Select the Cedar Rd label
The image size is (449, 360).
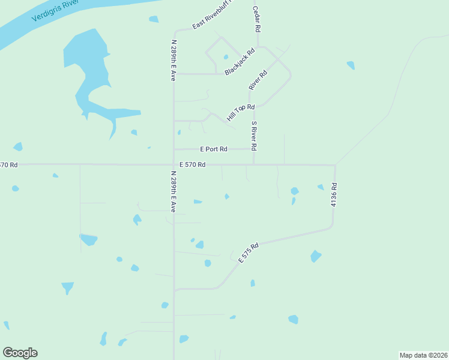coord(257,20)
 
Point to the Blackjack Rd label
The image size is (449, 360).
coord(240,61)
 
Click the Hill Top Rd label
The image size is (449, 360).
coord(241,111)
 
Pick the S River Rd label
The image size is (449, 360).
coord(255,136)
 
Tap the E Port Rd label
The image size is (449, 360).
coord(213,149)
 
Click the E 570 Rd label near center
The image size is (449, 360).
coord(193,164)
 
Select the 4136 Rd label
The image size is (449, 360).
coord(334,196)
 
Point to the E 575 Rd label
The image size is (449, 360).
coord(249,253)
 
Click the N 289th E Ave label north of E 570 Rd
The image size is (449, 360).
coord(173,61)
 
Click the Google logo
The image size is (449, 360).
coord(20,352)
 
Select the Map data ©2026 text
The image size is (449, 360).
coord(423,355)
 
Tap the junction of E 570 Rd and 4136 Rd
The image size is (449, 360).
coord(334,165)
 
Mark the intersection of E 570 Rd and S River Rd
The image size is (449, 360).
coord(254,164)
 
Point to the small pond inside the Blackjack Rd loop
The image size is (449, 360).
coord(226,57)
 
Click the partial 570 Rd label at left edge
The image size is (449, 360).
coord(9,164)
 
